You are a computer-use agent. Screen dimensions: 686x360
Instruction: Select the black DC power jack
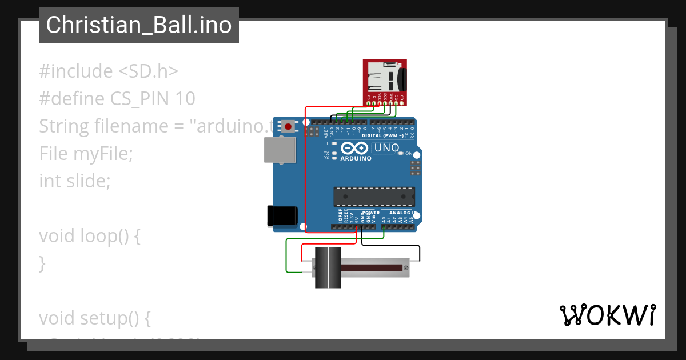click(x=282, y=215)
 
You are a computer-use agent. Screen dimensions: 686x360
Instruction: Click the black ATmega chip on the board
click(x=374, y=196)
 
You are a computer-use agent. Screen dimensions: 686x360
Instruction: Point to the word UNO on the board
click(x=386, y=149)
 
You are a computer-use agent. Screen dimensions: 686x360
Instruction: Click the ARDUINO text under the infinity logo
click(x=356, y=158)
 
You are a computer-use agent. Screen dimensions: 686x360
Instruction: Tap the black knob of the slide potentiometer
click(x=328, y=267)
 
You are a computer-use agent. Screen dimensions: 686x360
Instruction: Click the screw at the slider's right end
click(x=406, y=267)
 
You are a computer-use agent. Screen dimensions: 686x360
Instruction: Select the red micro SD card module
click(x=385, y=80)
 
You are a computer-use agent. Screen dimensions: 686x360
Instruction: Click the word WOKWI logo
click(x=607, y=315)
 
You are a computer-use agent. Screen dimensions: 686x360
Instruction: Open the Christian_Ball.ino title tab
click(x=139, y=25)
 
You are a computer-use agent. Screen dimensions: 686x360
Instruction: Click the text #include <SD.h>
click(x=109, y=71)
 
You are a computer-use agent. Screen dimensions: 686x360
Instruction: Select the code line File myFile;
click(x=86, y=154)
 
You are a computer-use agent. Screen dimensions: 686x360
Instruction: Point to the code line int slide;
click(x=74, y=181)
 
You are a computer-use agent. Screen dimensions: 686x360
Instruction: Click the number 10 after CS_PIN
click(x=186, y=99)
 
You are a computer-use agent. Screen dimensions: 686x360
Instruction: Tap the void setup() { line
click(x=95, y=318)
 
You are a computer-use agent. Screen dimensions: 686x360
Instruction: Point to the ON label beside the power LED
click(x=409, y=153)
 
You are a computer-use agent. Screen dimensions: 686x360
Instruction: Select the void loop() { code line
click(x=90, y=236)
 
